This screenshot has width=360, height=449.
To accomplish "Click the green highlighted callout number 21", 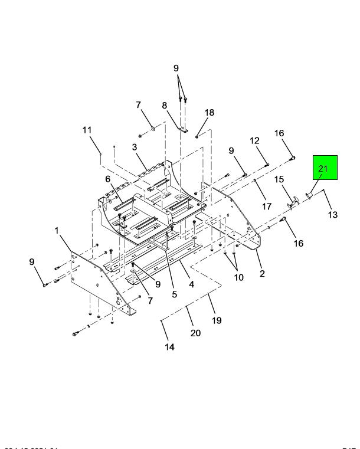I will [323, 169].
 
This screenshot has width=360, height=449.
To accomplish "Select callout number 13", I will [333, 215].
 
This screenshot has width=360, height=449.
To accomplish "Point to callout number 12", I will [254, 141].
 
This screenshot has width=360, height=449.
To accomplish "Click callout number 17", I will [267, 207].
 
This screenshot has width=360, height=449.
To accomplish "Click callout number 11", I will [87, 130].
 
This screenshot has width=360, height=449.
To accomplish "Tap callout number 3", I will [135, 147].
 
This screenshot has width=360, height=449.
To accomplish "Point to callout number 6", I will [108, 179].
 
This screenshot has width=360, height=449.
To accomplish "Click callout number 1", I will [57, 231].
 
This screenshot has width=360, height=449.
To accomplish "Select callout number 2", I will [261, 273].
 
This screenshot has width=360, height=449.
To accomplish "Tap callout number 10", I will [238, 277].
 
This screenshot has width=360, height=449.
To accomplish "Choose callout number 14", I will [169, 347].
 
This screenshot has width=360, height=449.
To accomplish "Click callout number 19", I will [217, 320].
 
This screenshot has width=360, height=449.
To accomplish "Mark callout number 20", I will [195, 333].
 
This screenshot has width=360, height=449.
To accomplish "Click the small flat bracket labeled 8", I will [182, 130].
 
